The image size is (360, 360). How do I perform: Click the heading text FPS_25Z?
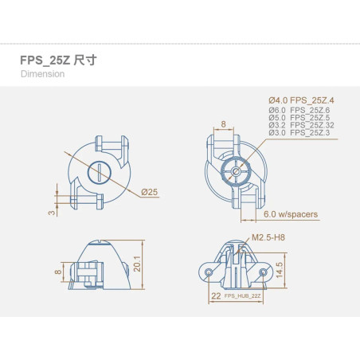pos(45,61)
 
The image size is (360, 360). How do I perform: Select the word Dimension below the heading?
pos(42,74)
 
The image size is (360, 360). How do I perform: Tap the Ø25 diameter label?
pos(149,192)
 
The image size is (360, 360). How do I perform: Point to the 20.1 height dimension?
pos(137,264)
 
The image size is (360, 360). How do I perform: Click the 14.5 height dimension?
pos(280,270)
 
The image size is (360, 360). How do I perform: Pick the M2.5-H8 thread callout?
pos(268,237)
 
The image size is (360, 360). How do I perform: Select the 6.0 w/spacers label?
pos(291,214)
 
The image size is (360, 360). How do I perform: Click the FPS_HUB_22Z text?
pos(242,295)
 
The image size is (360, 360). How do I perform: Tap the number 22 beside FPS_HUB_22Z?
pos(216,295)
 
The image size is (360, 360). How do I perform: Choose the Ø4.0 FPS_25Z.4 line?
pos(301,100)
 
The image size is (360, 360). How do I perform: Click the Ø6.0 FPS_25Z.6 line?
pos(299,110)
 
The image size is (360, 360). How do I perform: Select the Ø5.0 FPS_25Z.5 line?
pos(299,118)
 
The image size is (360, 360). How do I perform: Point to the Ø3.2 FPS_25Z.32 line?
pos(301,125)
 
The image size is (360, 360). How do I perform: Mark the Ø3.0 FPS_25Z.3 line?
pos(299,132)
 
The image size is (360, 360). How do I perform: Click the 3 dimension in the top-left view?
pos(52,213)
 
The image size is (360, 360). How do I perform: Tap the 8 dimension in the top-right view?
pos(224,124)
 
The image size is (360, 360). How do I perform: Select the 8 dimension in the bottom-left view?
pos(58,272)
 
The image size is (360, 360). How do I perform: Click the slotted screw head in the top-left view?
pos(99,173)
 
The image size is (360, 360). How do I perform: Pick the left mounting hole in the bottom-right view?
pos(209,272)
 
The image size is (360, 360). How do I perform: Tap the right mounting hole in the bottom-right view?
pos(263,272)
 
